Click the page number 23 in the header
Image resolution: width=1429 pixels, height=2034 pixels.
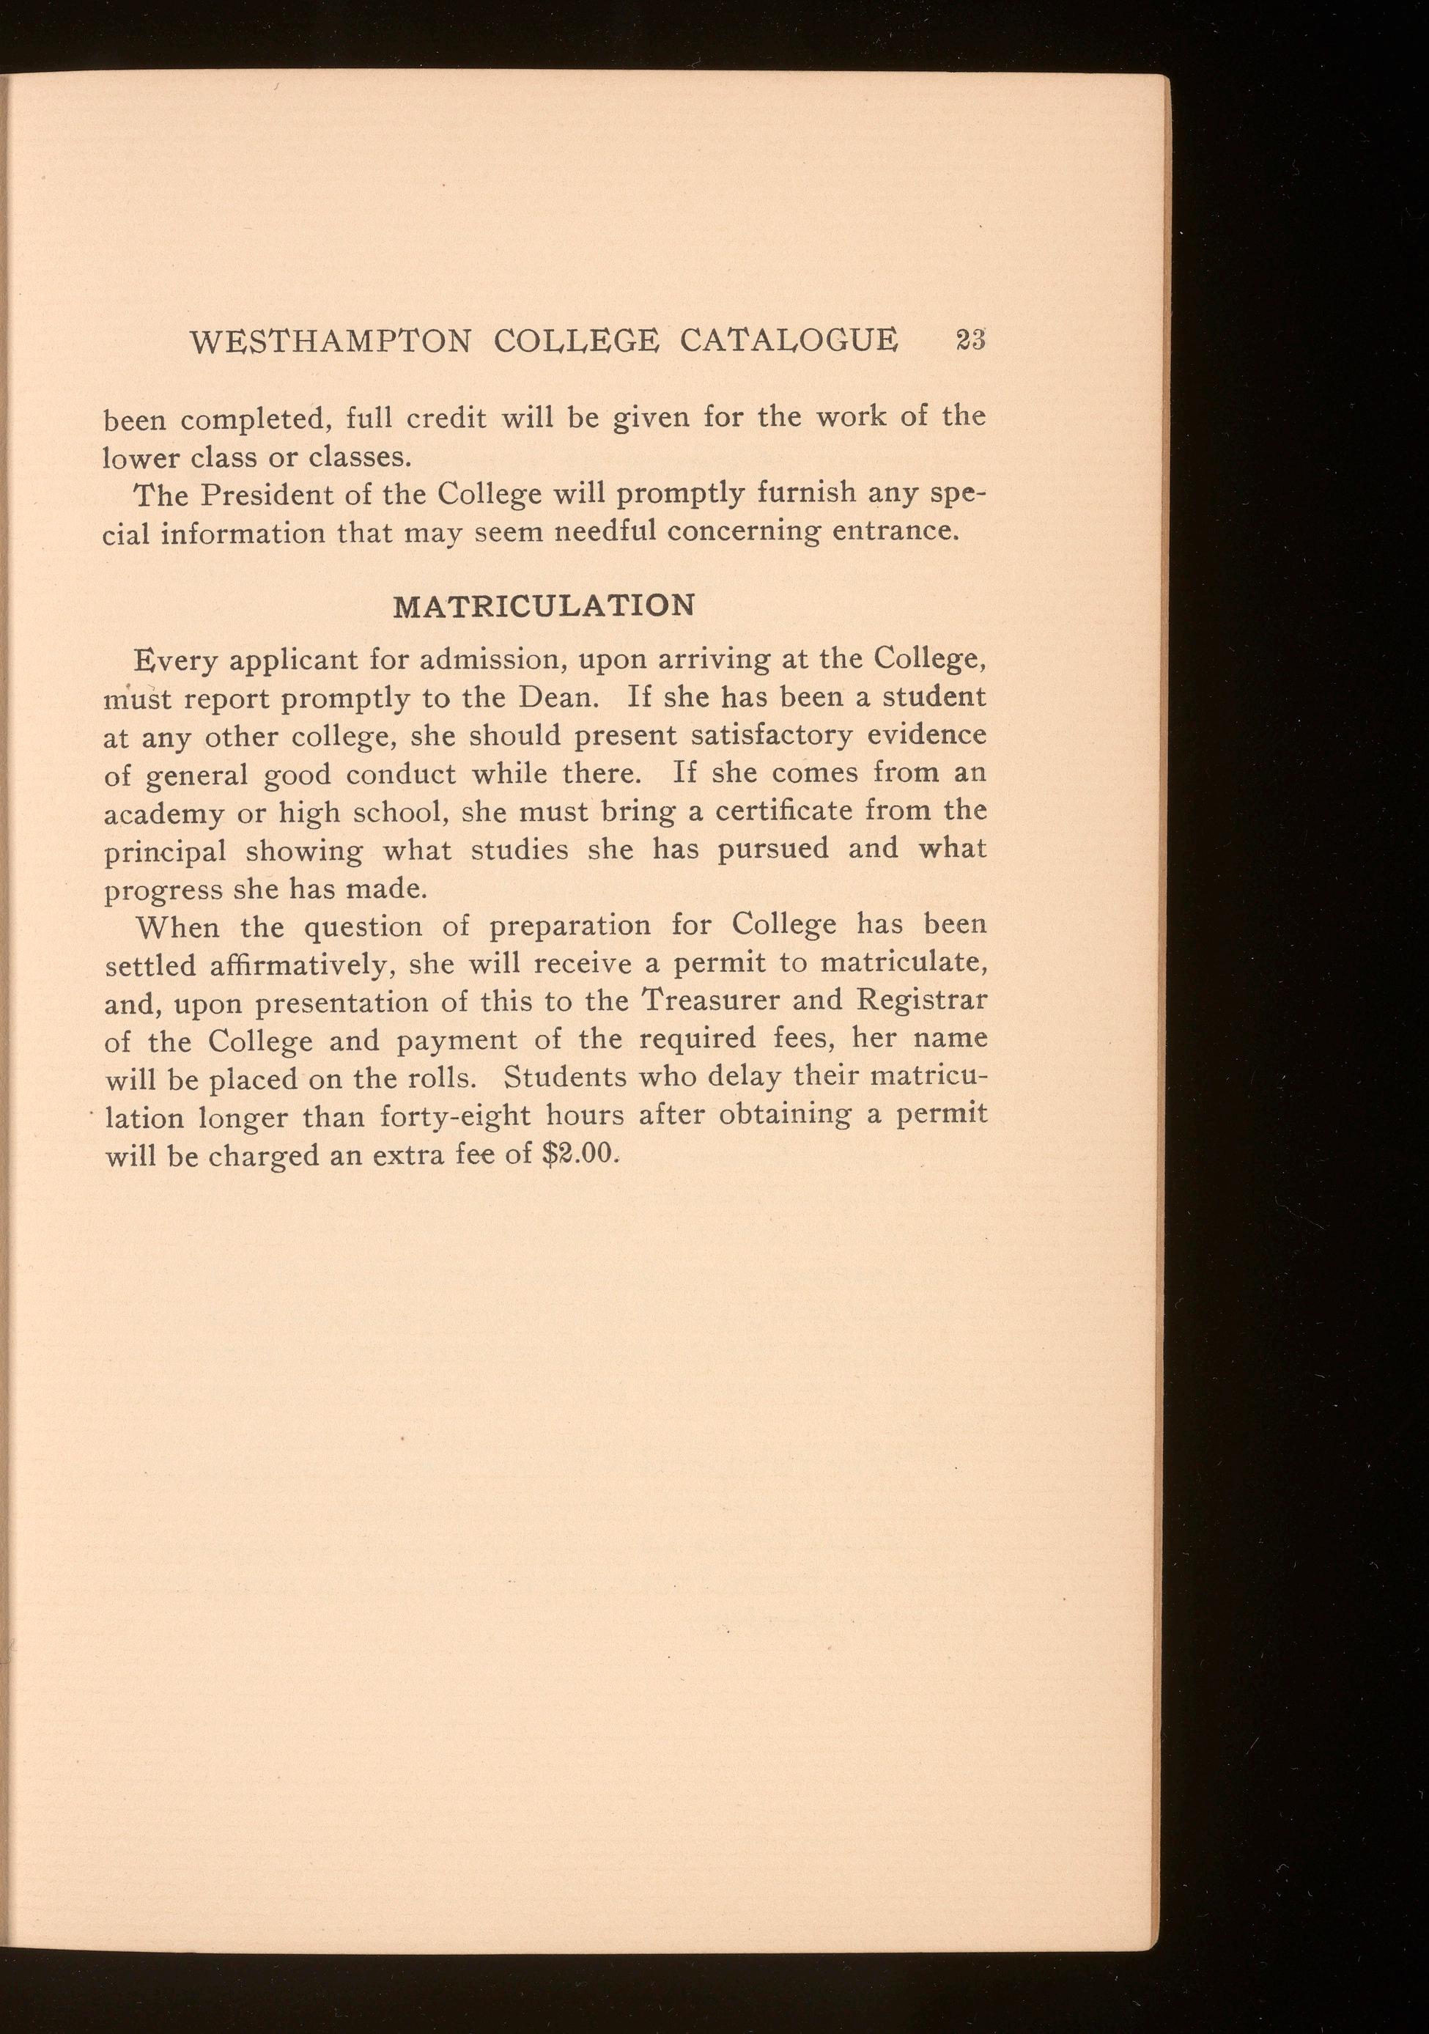(970, 340)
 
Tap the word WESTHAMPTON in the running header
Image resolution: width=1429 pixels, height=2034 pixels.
(330, 342)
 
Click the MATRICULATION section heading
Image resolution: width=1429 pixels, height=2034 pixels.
(544, 606)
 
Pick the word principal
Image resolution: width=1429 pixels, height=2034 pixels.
(166, 851)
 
